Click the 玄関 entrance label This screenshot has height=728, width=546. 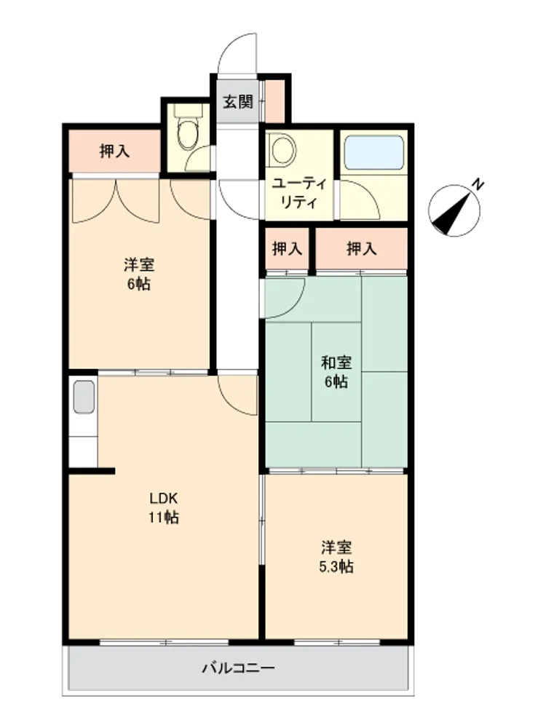pos(238,102)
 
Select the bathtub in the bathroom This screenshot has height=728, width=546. pos(374,153)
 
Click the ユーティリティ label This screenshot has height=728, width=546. pos(298,193)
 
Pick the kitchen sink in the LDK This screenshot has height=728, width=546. pos(84,397)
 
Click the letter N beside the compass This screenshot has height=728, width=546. pos(478,185)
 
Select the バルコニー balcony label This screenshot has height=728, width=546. pos(238,668)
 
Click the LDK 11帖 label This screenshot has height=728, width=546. pos(163,507)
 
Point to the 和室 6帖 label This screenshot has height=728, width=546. pos(336,371)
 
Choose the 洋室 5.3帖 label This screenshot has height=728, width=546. pos(336,557)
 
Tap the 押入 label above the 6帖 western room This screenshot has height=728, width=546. pos(114,151)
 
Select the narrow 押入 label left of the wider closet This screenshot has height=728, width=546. pos(287,249)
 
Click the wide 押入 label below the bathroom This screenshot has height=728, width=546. pos(361,249)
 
